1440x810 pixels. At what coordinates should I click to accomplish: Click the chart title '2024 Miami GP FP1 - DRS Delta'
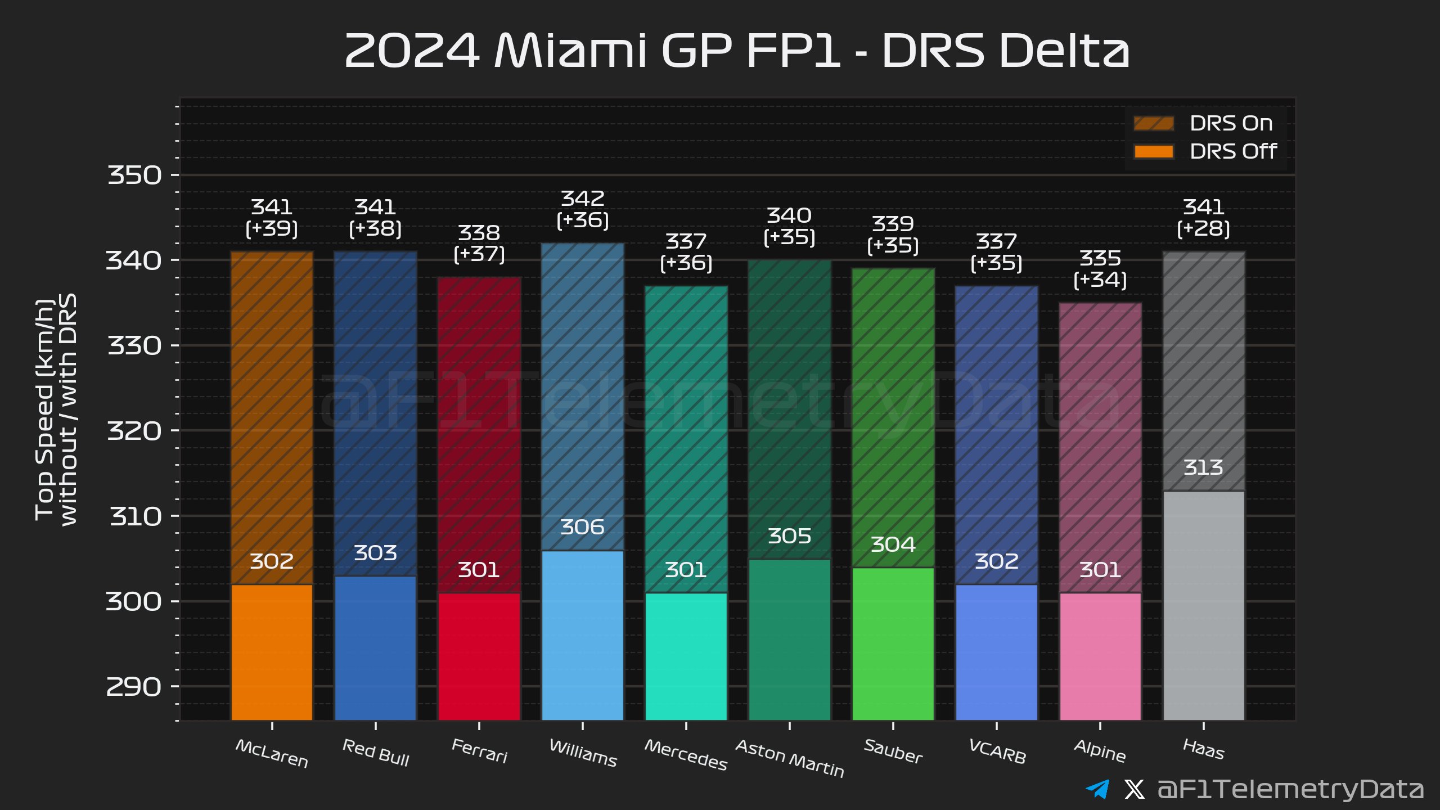737,51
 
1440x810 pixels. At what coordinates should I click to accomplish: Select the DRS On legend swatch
1153,123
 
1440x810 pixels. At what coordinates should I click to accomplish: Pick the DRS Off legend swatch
1153,151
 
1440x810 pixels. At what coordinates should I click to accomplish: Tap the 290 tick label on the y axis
134,687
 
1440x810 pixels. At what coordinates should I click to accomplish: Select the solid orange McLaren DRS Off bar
272,652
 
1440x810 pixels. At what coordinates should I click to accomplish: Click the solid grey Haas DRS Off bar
1203,605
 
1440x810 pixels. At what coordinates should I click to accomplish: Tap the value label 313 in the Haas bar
1203,467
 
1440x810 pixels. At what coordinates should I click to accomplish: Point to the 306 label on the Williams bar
582,527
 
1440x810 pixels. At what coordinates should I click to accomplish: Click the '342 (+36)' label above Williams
582,209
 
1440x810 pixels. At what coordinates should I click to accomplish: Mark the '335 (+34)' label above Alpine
1100,269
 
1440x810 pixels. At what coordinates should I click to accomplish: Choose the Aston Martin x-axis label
789,758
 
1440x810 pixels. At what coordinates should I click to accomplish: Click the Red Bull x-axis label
375,753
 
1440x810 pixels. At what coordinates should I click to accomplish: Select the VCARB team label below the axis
997,751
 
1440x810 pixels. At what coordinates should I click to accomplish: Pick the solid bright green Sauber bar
893,644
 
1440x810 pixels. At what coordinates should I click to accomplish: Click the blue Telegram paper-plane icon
1097,789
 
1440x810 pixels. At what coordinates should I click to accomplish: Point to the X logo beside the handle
1134,789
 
